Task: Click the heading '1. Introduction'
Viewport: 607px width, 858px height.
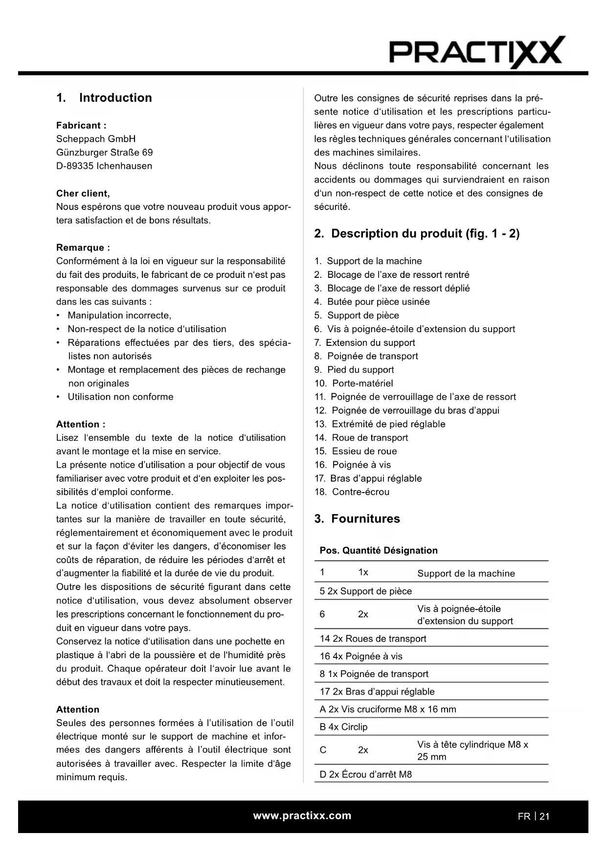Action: click(x=104, y=98)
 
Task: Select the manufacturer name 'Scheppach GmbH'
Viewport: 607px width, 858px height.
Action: click(x=96, y=139)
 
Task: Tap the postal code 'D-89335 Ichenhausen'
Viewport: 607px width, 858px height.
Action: click(x=104, y=166)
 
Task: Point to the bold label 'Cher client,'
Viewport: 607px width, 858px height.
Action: click(x=83, y=193)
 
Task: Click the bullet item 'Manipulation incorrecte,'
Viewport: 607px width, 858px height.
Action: click(x=119, y=316)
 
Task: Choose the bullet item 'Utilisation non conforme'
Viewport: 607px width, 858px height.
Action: click(x=120, y=397)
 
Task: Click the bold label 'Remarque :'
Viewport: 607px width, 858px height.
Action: click(x=83, y=248)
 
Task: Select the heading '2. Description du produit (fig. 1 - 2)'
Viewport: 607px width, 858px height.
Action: click(x=417, y=234)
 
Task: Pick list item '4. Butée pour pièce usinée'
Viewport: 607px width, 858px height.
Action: click(x=372, y=302)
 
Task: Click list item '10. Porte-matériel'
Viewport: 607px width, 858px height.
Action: click(x=354, y=384)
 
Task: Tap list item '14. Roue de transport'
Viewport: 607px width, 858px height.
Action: click(x=361, y=438)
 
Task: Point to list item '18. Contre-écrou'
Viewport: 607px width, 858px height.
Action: click(x=352, y=492)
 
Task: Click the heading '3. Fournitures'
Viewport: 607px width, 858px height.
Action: click(x=358, y=519)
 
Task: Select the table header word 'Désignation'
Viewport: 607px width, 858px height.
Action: click(x=411, y=551)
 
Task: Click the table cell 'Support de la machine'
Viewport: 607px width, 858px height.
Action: click(x=466, y=573)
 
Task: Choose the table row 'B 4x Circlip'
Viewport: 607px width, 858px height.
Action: click(x=344, y=727)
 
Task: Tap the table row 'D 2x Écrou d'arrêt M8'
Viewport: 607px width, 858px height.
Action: click(x=366, y=774)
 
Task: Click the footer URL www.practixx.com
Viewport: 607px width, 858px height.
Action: click(x=302, y=816)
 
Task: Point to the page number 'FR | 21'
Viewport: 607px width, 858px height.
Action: click(x=534, y=816)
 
